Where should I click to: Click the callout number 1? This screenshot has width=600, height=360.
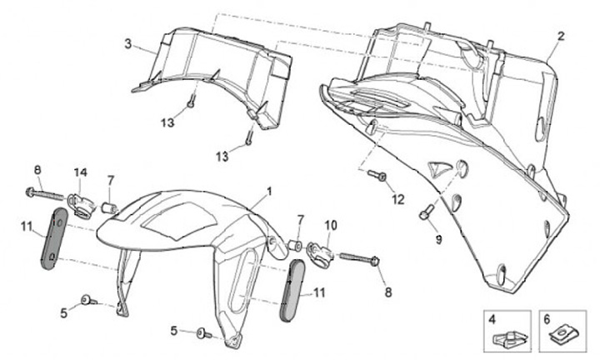pyautogui.click(x=270, y=191)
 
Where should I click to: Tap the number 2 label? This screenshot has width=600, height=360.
pyautogui.click(x=561, y=36)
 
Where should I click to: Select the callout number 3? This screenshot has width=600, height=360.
pyautogui.click(x=127, y=44)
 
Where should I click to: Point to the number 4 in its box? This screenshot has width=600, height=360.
pyautogui.click(x=492, y=319)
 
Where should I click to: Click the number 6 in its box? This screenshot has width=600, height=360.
pyautogui.click(x=547, y=319)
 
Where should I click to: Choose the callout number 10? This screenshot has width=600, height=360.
pyautogui.click(x=330, y=225)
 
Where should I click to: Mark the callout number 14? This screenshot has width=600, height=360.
pyautogui.click(x=80, y=172)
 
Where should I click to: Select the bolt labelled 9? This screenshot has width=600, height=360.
pyautogui.click(x=426, y=213)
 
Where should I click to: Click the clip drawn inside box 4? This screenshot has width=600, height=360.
pyautogui.click(x=502, y=337)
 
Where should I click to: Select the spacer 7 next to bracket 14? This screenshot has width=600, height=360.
pyautogui.click(x=107, y=205)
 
